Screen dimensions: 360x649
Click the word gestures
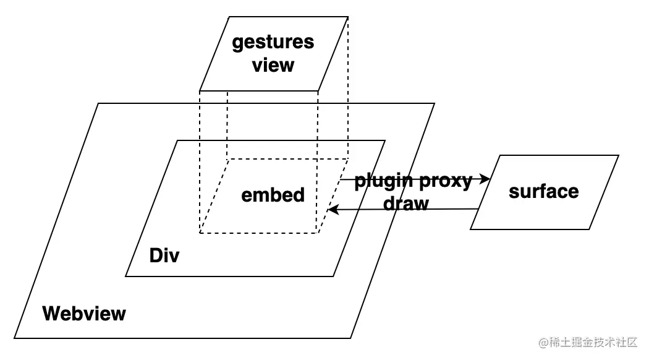[273, 42]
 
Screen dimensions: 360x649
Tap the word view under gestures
[273, 64]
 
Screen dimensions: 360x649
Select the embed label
[273, 195]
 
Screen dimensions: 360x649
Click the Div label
[164, 255]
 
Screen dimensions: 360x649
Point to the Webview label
[84, 314]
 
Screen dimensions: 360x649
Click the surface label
[543, 191]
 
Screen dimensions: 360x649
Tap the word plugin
[384, 181]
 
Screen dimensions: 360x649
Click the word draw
[406, 204]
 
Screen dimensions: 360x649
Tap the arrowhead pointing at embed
[332, 210]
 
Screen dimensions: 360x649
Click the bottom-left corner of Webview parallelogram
[15, 338]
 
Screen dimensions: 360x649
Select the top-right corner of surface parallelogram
[618, 155]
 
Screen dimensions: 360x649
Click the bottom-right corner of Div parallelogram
[334, 276]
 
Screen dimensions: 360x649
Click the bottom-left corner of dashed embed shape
[200, 233]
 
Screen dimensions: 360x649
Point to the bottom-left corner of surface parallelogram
[471, 229]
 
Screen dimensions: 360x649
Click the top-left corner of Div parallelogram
[177, 140]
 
